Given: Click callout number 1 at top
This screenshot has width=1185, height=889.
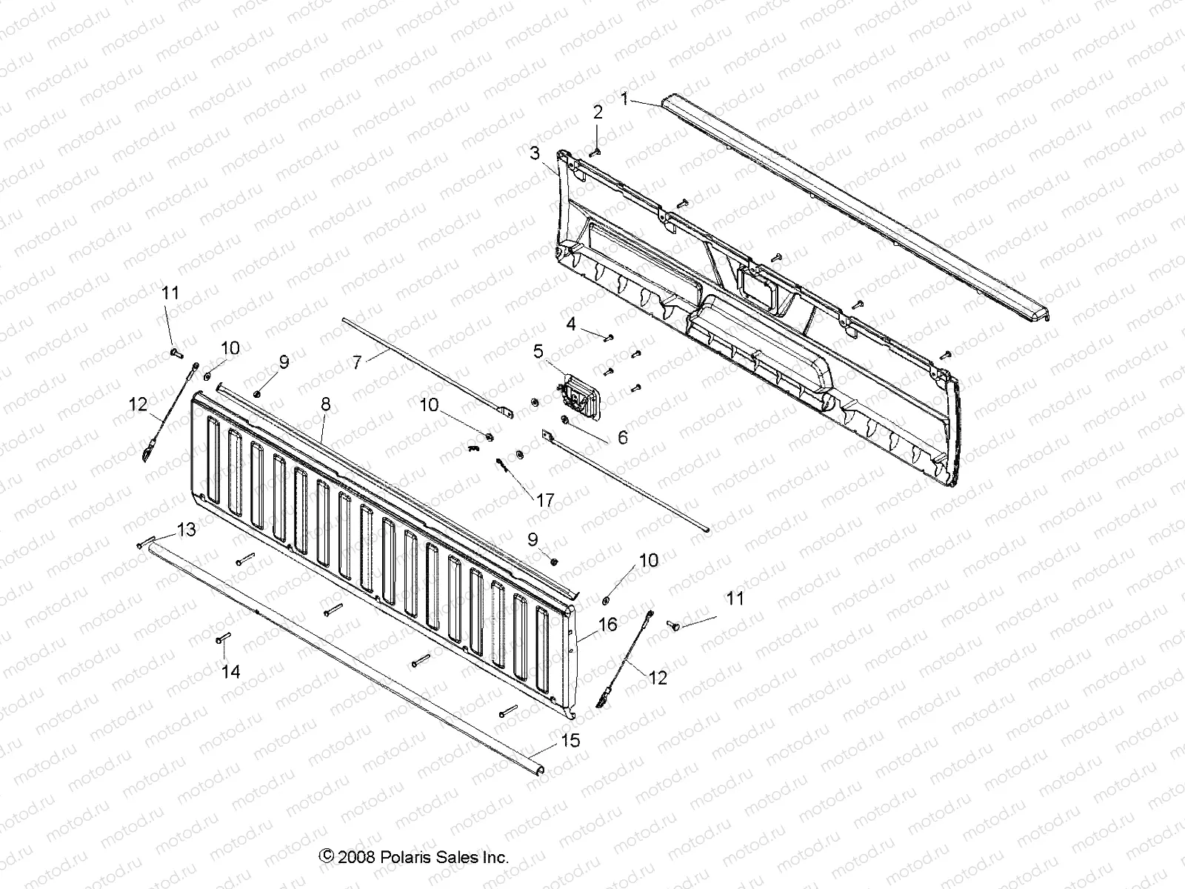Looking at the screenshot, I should pos(624,99).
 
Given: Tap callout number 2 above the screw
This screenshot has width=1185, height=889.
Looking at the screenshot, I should pos(598,113).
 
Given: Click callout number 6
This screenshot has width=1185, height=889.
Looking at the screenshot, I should pos(622,438).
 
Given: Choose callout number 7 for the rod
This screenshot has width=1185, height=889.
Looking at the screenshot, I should pos(357,362).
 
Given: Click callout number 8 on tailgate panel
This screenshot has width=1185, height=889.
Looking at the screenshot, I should pos(326,404).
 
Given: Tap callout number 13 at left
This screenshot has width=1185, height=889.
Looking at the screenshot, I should pos(186,530).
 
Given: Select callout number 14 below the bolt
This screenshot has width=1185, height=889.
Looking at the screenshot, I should pos(231,672).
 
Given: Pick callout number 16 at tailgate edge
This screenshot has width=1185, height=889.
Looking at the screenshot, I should pos(607,625).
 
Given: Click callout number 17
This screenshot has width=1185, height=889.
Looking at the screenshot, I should pos(544,501).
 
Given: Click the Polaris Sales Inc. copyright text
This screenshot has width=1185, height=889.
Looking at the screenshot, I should pos(414,857).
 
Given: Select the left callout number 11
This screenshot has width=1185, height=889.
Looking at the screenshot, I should pos(170,293).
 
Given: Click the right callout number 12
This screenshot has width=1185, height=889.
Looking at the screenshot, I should pos(658,677).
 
